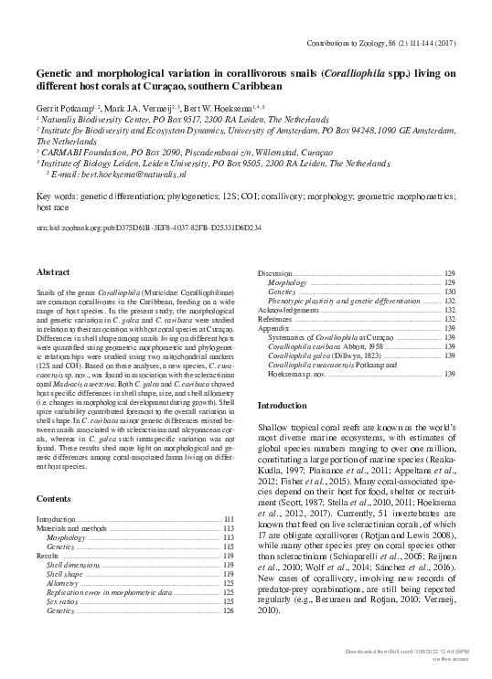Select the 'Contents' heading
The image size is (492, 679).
53,499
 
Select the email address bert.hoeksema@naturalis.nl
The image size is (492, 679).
119,173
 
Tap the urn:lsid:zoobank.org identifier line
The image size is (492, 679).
148,227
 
